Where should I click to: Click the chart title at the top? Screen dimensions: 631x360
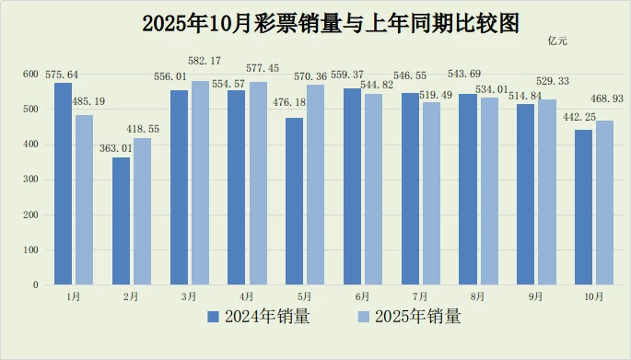[x=331, y=24]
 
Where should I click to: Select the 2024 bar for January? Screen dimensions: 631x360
[x=64, y=184]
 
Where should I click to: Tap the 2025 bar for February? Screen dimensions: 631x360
[x=143, y=212]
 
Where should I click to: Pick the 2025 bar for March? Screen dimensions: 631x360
[x=200, y=182]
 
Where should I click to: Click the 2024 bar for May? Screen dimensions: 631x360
[x=294, y=201]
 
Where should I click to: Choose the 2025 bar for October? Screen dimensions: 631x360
[x=605, y=203]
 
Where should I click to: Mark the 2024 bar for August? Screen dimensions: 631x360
[x=468, y=190]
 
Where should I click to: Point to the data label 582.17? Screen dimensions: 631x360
[x=204, y=61]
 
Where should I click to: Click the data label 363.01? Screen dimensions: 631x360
[x=116, y=148]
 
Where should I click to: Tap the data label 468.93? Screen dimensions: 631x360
[x=607, y=99]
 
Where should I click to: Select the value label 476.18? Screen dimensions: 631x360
[x=289, y=102]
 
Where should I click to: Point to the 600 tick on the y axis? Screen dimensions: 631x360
[x=30, y=74]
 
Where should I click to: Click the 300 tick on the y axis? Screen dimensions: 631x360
[x=30, y=180]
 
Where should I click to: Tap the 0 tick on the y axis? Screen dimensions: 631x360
[x=36, y=285]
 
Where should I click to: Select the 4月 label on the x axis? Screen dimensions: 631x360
[x=247, y=296]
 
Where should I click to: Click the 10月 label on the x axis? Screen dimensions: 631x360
[x=594, y=296]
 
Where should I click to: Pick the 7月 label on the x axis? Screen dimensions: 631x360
[x=420, y=296]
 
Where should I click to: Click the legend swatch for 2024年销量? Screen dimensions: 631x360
[x=214, y=317]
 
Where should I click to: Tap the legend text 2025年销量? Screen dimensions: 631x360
[x=418, y=317]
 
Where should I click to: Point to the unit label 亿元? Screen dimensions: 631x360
[x=557, y=41]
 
